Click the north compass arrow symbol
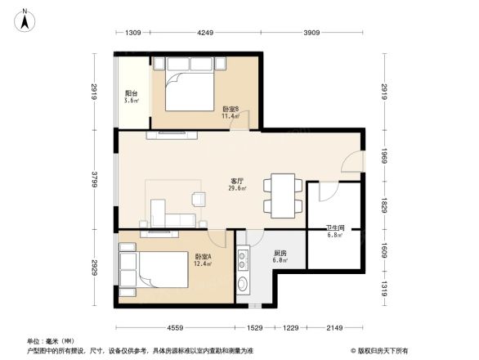(26, 17)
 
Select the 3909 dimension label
(311, 34)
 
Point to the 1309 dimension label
(134, 34)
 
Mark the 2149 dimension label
(334, 327)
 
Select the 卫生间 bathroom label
(335, 230)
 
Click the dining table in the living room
(283, 195)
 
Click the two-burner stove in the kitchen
(243, 259)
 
